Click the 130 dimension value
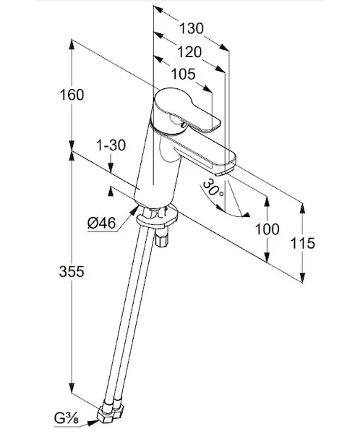(x=192, y=28)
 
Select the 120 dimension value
(x=189, y=52)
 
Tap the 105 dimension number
(x=183, y=74)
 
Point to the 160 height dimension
(x=72, y=95)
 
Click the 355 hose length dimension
(x=72, y=271)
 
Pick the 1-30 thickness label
(x=111, y=145)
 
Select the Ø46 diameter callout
(x=101, y=223)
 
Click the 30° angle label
(x=213, y=188)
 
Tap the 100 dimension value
(x=267, y=229)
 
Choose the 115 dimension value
(x=303, y=243)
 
